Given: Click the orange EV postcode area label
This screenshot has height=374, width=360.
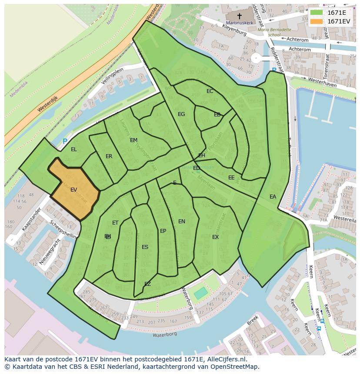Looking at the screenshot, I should (x=73, y=190).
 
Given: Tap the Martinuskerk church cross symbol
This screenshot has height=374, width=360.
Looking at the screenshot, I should (x=239, y=16).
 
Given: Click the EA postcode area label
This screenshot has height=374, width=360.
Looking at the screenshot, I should (x=273, y=197).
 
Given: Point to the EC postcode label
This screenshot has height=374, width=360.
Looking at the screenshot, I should (x=210, y=91).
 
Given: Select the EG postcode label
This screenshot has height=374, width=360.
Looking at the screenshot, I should (x=181, y=114).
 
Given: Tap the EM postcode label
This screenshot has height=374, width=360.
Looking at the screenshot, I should (x=133, y=140).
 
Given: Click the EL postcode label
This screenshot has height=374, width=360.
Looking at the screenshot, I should (x=74, y=149).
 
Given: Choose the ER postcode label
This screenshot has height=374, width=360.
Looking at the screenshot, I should (x=109, y=156).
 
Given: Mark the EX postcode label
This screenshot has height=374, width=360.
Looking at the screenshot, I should (x=215, y=237).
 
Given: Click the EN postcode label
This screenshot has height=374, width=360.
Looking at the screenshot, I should (x=182, y=222).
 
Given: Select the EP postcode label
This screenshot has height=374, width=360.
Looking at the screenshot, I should (x=163, y=231).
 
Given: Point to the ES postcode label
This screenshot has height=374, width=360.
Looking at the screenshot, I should (x=145, y=247).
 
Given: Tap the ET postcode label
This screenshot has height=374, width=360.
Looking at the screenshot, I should (x=115, y=223).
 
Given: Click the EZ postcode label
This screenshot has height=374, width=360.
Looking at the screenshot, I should (x=147, y=284).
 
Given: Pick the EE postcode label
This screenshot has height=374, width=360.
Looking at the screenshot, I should (x=231, y=178).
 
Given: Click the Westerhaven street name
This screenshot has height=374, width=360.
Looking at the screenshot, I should (x=322, y=83).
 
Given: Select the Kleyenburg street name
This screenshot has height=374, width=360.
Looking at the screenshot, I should (x=234, y=30).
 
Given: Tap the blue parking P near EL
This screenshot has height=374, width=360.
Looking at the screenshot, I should (x=65, y=141).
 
